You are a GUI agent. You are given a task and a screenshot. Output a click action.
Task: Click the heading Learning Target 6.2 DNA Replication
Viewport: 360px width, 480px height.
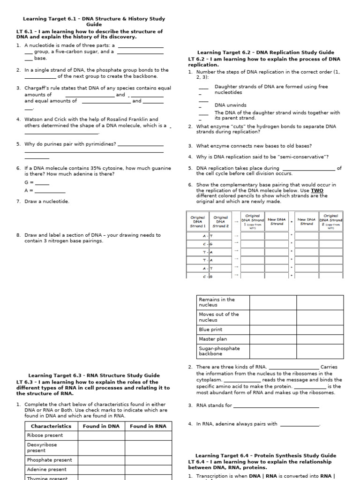pos(265,52)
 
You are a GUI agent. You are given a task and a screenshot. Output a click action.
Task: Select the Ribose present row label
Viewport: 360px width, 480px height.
pos(45,435)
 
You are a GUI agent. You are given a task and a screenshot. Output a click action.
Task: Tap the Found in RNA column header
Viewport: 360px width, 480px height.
pos(148,426)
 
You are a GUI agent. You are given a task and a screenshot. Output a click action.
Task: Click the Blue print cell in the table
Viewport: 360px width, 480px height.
pos(210,330)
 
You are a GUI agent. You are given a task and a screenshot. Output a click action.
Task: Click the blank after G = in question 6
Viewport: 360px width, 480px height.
pos(42,182)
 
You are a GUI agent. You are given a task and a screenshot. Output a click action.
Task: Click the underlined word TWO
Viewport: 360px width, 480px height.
pos(317,191)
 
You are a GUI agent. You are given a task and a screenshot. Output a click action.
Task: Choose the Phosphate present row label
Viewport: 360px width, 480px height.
pos(50,460)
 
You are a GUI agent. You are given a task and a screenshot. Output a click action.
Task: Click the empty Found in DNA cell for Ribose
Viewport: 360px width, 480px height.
pos(101,435)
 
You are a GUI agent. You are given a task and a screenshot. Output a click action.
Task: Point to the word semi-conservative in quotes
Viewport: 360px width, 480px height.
pos(304,157)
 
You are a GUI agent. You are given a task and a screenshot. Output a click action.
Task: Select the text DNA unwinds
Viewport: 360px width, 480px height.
pos(230,105)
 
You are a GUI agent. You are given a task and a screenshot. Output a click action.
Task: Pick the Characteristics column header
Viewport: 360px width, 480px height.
pos(51,426)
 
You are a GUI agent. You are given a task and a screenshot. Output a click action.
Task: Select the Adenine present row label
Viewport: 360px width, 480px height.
pos(47,469)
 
